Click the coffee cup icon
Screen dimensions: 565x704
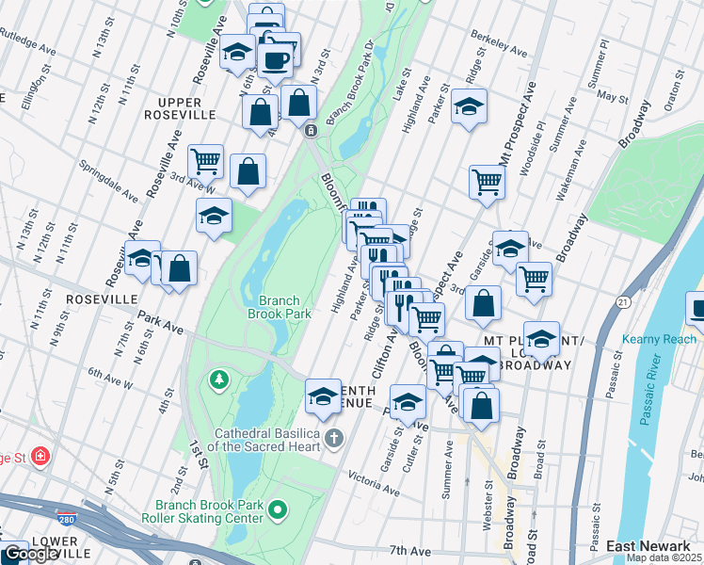pos(276,60)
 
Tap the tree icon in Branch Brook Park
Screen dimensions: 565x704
pos(219,379)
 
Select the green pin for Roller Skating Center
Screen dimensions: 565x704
pos(277,510)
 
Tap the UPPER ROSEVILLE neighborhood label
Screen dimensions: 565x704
pos(180,107)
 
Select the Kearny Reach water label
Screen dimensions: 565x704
pos(659,339)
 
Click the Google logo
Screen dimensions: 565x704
pos(30,554)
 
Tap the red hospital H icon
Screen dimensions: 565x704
pos(40,458)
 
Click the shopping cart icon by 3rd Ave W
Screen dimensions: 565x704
pos(204,160)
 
